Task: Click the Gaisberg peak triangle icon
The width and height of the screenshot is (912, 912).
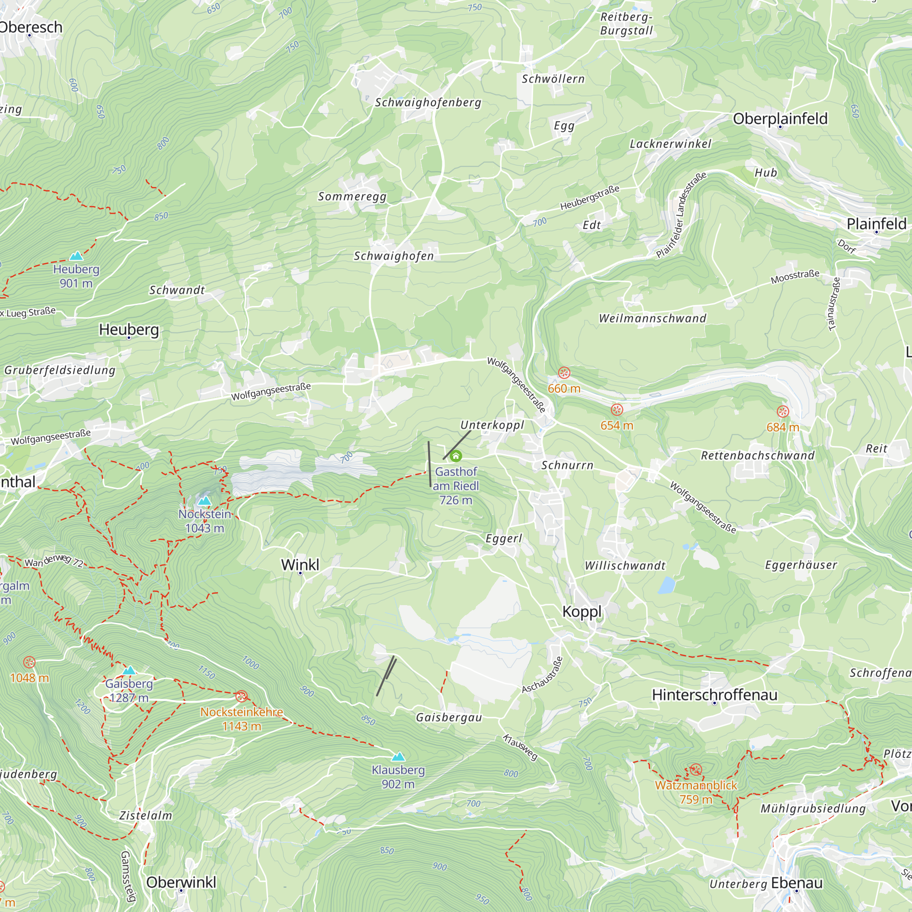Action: pyautogui.click(x=129, y=670)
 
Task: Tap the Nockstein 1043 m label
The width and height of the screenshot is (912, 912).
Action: pyautogui.click(x=204, y=521)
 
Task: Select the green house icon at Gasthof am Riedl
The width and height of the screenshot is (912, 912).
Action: pyautogui.click(x=456, y=456)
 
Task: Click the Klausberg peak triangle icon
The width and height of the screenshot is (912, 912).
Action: pyautogui.click(x=399, y=757)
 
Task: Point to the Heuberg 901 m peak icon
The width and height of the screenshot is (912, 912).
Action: pyautogui.click(x=76, y=256)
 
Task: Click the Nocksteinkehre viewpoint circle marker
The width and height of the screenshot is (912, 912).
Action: pyautogui.click(x=241, y=696)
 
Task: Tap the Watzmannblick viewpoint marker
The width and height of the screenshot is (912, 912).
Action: pyautogui.click(x=695, y=770)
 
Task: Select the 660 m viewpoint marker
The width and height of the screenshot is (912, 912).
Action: pyautogui.click(x=564, y=373)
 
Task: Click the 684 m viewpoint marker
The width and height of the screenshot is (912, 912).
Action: pyautogui.click(x=782, y=412)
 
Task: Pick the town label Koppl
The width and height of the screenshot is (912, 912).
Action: pyautogui.click(x=581, y=612)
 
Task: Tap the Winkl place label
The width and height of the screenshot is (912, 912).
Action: pyautogui.click(x=300, y=565)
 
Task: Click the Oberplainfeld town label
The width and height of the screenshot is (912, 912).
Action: pyautogui.click(x=780, y=119)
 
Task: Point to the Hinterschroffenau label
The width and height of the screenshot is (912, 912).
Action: pyautogui.click(x=714, y=695)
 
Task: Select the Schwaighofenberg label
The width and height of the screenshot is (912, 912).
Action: pyautogui.click(x=428, y=103)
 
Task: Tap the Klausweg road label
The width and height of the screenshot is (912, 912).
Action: pyautogui.click(x=520, y=747)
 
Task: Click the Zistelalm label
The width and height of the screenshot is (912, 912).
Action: pyautogui.click(x=145, y=816)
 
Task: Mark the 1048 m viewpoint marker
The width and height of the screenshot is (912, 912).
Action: pyautogui.click(x=29, y=662)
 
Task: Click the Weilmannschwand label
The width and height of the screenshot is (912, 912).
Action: pyautogui.click(x=653, y=319)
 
